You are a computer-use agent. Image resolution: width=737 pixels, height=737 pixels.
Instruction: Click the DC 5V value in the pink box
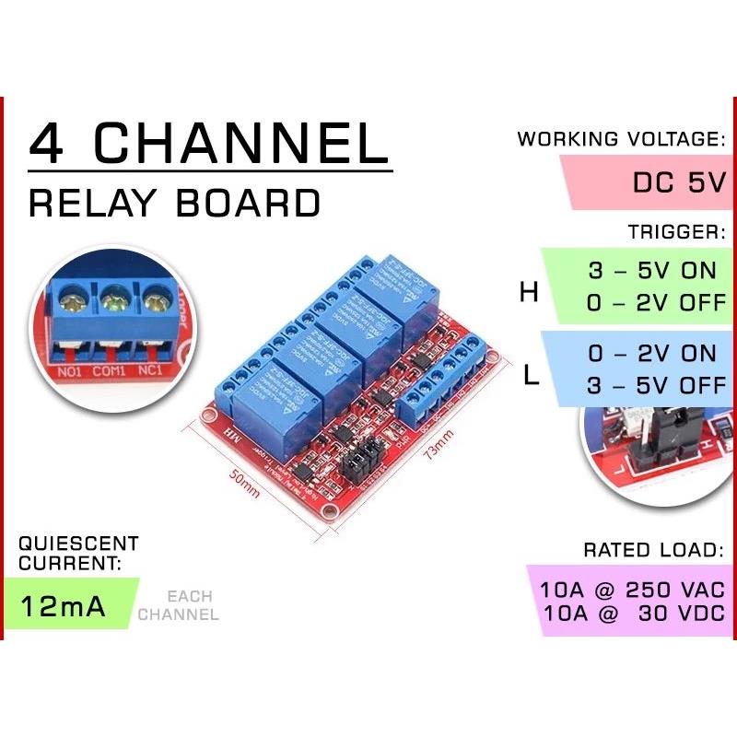click(x=679, y=182)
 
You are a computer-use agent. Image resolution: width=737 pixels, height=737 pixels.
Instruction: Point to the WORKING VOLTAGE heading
click(x=621, y=140)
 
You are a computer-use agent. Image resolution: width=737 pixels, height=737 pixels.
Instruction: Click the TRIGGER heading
click(x=678, y=232)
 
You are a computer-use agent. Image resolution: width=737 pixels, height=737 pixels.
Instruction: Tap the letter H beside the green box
click(x=528, y=292)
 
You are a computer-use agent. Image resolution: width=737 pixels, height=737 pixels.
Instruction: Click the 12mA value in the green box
click(x=64, y=607)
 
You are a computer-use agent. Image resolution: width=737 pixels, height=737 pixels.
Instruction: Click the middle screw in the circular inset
click(x=114, y=298)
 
